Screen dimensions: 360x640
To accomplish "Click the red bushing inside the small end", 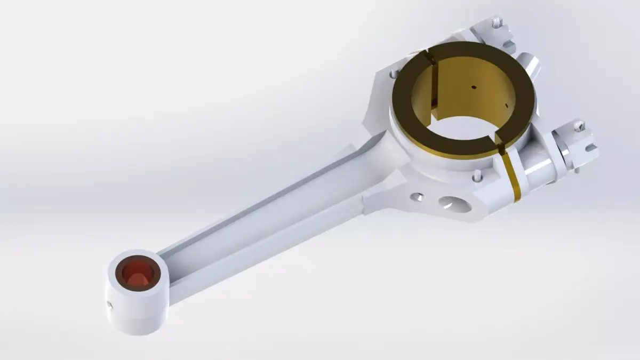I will click(x=138, y=273).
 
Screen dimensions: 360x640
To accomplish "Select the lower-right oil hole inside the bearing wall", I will click(x=504, y=102).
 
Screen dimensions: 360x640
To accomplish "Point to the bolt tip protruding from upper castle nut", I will click(x=497, y=22).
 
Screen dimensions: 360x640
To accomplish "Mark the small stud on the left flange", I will click(x=394, y=74).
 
